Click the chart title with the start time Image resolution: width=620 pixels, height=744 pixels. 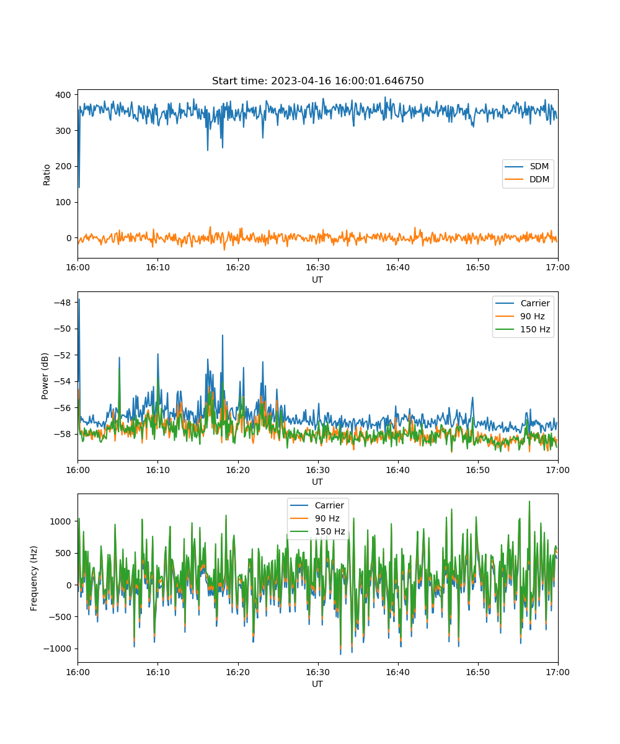coord(317,81)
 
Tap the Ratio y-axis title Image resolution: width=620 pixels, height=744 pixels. coord(46,175)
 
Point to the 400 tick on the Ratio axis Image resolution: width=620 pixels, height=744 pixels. coord(63,95)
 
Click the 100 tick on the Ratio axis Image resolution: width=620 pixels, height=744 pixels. coord(63,202)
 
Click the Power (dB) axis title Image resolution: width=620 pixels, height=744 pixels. coord(45,376)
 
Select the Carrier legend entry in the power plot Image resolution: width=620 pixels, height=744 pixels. coord(523,303)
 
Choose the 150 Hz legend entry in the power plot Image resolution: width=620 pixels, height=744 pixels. coord(523,329)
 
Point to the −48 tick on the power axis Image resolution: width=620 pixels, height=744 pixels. coord(63,303)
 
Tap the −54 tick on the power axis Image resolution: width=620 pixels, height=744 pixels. coord(63,381)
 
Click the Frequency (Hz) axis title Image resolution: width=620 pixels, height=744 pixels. coord(34,578)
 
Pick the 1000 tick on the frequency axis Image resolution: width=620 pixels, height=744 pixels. coord(60,521)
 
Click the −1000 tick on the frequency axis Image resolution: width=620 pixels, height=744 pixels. coord(57,649)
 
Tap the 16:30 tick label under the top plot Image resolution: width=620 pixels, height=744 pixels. coord(318,267)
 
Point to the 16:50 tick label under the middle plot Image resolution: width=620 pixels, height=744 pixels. coord(478,470)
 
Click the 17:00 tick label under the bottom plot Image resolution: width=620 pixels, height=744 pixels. coord(557,672)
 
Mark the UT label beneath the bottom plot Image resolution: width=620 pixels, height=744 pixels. coord(317,684)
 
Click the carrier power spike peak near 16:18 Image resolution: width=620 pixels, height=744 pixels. coord(223,335)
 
